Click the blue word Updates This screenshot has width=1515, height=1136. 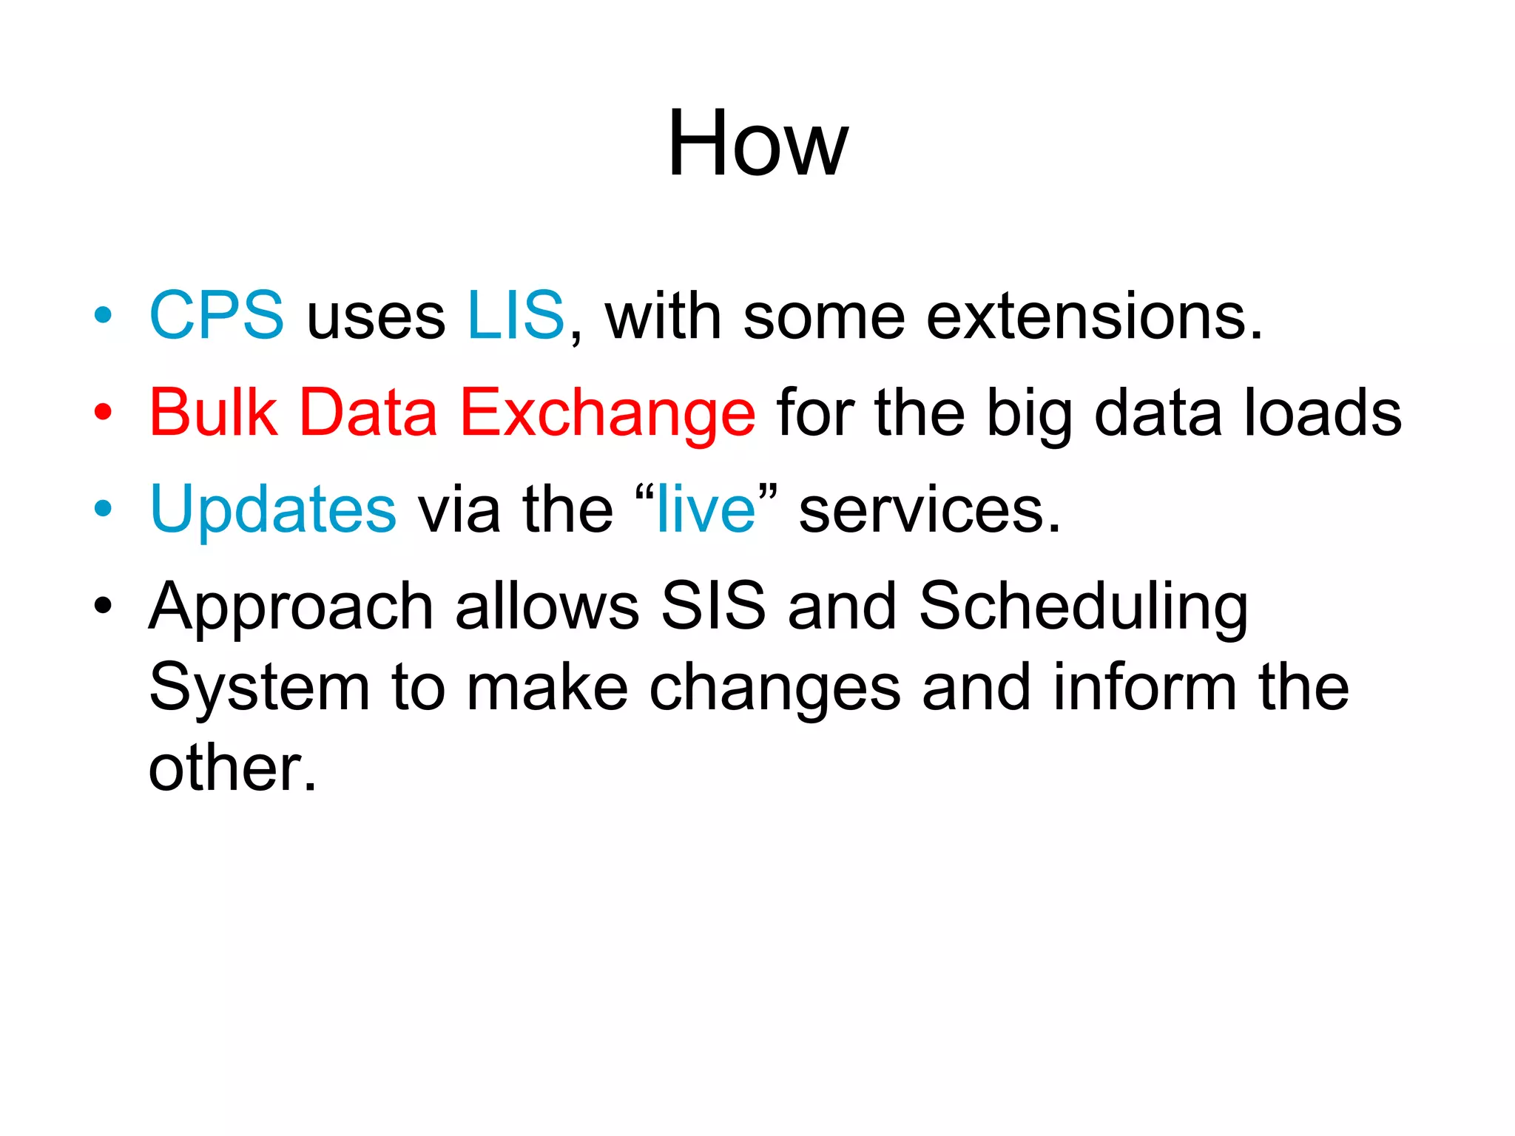(x=273, y=510)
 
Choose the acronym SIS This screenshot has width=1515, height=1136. (x=712, y=606)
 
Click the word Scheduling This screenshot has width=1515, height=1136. (x=1083, y=608)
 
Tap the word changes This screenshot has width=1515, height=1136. (x=775, y=689)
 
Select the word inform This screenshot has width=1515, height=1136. (x=1144, y=688)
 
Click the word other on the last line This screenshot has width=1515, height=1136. (x=232, y=768)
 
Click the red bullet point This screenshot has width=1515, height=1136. (x=103, y=412)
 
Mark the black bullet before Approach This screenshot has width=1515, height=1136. (x=103, y=606)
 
